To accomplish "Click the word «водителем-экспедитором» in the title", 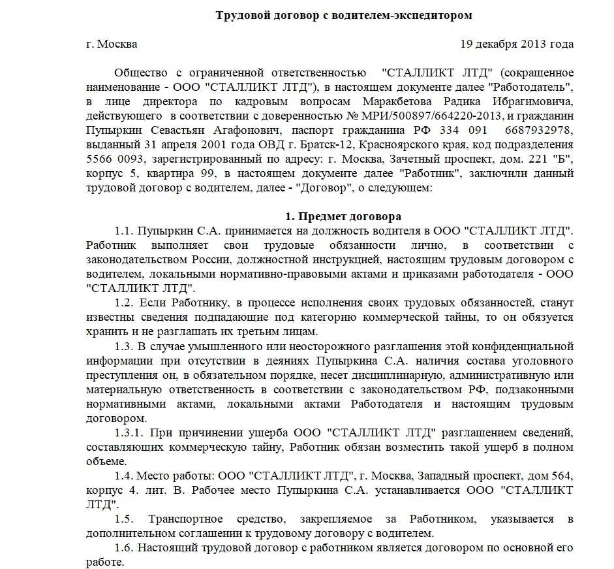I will pyautogui.click(x=414, y=15).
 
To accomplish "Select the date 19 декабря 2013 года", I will pyautogui.click(x=517, y=44).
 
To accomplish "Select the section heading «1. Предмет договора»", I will pyautogui.click(x=343, y=216).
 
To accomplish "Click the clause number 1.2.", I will pyautogui.click(x=124, y=302).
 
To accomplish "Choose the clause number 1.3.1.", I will pyautogui.click(x=129, y=432).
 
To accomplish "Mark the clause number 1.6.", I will pyautogui.click(x=124, y=547).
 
